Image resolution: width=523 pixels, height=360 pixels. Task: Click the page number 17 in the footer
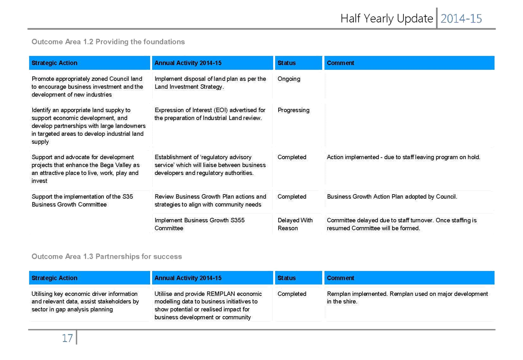click(67, 338)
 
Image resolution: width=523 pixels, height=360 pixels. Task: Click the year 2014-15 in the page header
click(461, 19)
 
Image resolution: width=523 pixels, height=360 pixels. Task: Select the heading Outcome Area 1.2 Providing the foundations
click(108, 42)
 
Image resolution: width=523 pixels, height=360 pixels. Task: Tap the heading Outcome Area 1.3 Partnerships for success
click(107, 256)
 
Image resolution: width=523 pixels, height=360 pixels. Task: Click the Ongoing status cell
click(289, 79)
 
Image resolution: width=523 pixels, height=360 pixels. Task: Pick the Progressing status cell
click(294, 110)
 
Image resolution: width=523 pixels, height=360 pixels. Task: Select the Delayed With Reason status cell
click(295, 224)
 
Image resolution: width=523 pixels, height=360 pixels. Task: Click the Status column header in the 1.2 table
click(286, 63)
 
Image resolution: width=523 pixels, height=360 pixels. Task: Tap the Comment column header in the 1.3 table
click(340, 278)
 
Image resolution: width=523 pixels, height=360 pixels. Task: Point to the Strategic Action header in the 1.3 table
click(54, 278)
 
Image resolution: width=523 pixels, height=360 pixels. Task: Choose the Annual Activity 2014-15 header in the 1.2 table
click(188, 63)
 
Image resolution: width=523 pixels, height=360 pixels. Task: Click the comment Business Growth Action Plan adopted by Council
click(392, 196)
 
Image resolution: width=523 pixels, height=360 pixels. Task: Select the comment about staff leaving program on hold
click(404, 157)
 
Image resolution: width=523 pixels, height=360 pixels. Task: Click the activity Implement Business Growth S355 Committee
click(199, 224)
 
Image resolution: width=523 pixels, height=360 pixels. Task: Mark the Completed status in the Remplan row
click(292, 294)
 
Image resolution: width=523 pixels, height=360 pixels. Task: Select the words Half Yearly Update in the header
click(387, 19)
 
